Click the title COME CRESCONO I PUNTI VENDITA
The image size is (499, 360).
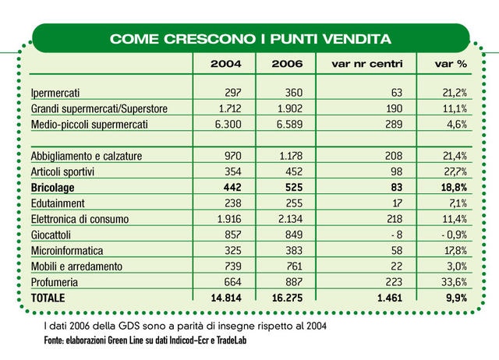pos(249,37)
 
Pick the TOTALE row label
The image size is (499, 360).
pos(48,298)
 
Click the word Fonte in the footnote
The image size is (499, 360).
pos(55,341)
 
